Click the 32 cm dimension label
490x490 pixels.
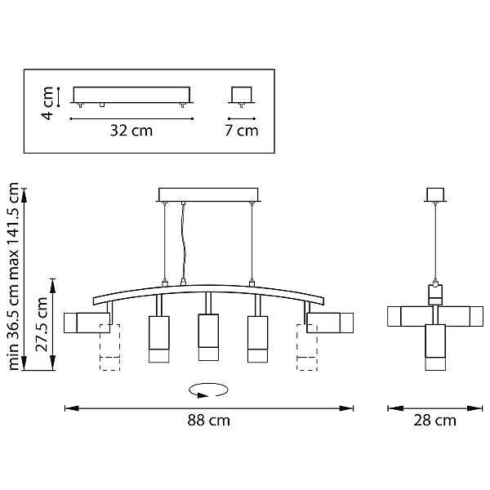(x=131, y=131)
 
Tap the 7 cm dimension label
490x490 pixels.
(x=242, y=131)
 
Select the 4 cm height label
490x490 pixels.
(x=47, y=103)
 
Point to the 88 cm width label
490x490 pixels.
(x=208, y=421)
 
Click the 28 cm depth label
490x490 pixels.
(x=434, y=421)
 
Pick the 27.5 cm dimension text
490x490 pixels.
(x=42, y=324)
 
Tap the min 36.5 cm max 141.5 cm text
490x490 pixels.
(x=13, y=276)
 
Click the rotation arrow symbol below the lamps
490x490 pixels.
(x=208, y=390)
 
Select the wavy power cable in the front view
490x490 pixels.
(x=183, y=243)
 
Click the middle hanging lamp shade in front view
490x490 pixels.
(x=208, y=337)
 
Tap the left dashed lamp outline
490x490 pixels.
(x=109, y=347)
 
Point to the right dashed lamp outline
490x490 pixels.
(x=307, y=347)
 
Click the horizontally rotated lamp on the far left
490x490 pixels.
(x=87, y=323)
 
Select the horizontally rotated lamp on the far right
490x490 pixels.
(x=330, y=323)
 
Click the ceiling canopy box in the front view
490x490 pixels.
(x=208, y=194)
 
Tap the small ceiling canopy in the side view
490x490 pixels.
(x=435, y=194)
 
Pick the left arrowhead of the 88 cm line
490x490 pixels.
(x=72, y=408)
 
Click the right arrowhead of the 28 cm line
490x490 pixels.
(x=475, y=408)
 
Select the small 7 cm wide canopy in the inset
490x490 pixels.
(x=241, y=95)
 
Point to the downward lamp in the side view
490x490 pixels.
(x=435, y=348)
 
